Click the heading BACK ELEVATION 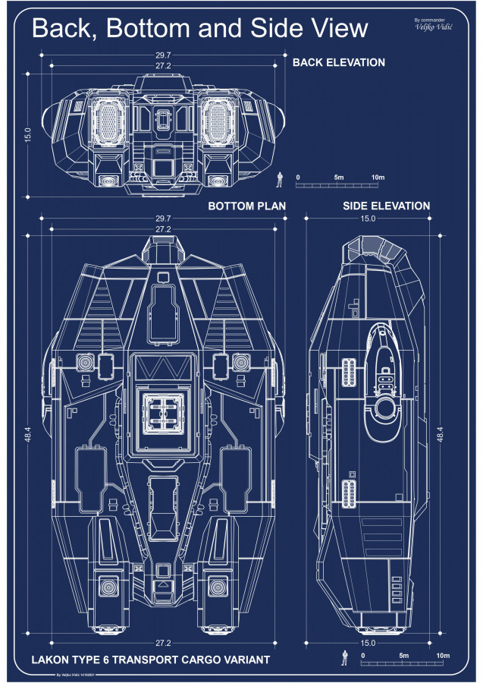(x=339, y=62)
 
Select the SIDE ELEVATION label (x=386, y=206)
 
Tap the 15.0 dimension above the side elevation (x=368, y=219)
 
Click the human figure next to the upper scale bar (x=279, y=180)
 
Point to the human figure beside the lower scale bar (x=344, y=657)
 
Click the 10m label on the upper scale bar (x=378, y=178)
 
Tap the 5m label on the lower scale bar (x=403, y=655)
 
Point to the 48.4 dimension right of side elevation (x=441, y=433)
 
